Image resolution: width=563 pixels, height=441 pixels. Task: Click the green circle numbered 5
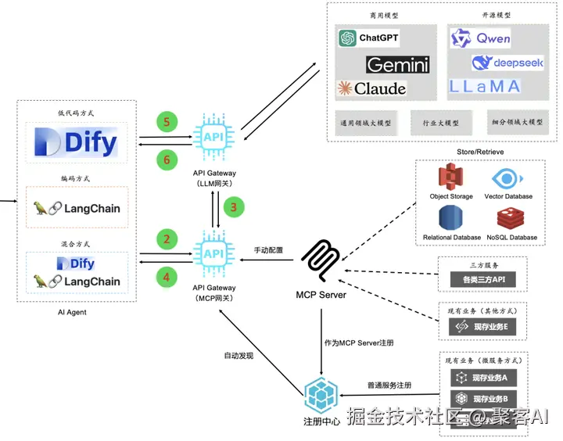(166, 121)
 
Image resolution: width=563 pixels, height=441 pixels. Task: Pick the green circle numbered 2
(166, 238)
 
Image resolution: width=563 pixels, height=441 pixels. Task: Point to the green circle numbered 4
(166, 275)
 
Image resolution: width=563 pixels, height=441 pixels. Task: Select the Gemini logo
(398, 64)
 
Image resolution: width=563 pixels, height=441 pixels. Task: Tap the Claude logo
(372, 88)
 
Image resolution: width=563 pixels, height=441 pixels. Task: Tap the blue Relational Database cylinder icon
(451, 218)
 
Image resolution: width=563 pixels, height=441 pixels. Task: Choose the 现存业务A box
(484, 378)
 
